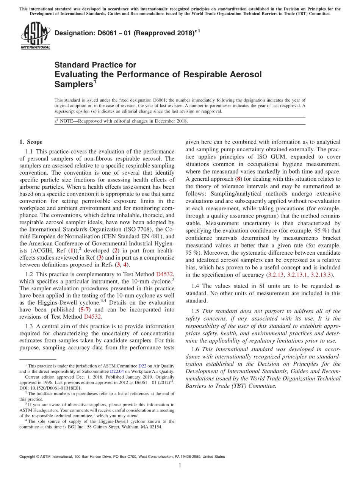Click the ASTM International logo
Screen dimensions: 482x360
point(35,36)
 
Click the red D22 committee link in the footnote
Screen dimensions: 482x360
point(142,366)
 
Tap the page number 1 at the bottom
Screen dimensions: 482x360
point(180,465)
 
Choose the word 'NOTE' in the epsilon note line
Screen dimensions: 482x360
point(67,121)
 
